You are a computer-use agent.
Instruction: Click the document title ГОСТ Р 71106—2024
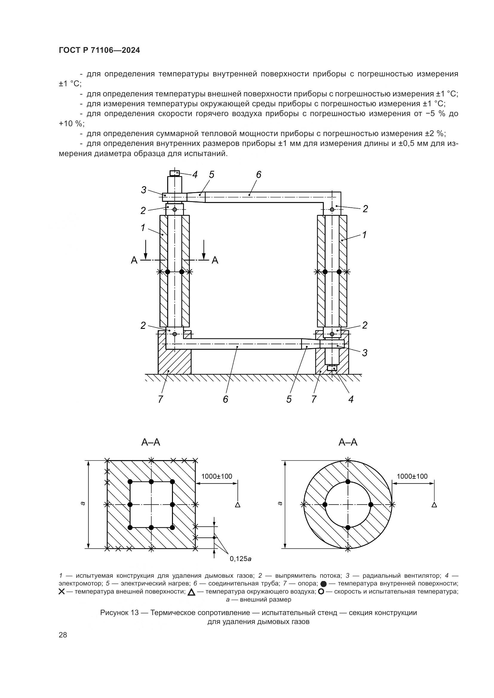99,50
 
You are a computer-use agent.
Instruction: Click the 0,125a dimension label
241,558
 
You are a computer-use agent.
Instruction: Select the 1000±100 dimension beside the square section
217,476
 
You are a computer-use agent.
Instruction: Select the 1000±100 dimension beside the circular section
412,476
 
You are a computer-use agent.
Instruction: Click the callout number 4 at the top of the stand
195,175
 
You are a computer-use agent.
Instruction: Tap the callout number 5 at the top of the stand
211,175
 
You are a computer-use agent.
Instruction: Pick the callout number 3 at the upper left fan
144,190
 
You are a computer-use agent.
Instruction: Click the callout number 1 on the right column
364,235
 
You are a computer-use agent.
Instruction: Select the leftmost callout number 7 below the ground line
160,399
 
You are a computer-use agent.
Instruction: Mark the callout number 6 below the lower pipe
225,399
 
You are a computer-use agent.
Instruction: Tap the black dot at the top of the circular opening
348,482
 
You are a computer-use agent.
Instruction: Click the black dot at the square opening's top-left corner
130,482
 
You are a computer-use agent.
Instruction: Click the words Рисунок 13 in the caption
119,613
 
